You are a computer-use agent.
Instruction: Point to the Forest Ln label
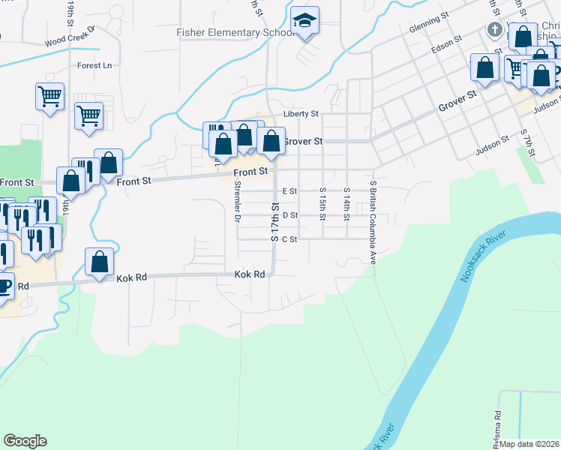pyautogui.click(x=94, y=66)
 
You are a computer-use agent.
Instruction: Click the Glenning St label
pyautogui.click(x=428, y=30)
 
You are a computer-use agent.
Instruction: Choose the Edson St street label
pyautogui.click(x=447, y=46)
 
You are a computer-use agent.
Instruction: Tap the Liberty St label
pyautogui.click(x=301, y=114)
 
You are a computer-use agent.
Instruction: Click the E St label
pyautogui.click(x=289, y=191)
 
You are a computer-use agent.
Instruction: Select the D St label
pyautogui.click(x=289, y=215)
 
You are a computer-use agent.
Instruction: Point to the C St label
pyautogui.click(x=289, y=240)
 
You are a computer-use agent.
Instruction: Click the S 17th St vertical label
pyautogui.click(x=275, y=222)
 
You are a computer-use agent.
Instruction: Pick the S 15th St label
pyautogui.click(x=322, y=204)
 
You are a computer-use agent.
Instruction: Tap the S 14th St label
pyautogui.click(x=346, y=204)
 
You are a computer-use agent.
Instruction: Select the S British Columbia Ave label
pyautogui.click(x=372, y=221)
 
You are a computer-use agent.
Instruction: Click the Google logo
pyautogui.click(x=25, y=441)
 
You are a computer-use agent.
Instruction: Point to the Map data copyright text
pyautogui.click(x=529, y=444)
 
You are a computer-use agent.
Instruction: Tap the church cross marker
pyautogui.click(x=495, y=31)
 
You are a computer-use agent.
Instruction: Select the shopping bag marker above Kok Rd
pyautogui.click(x=100, y=262)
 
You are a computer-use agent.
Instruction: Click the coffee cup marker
pyautogui.click(x=4, y=286)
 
